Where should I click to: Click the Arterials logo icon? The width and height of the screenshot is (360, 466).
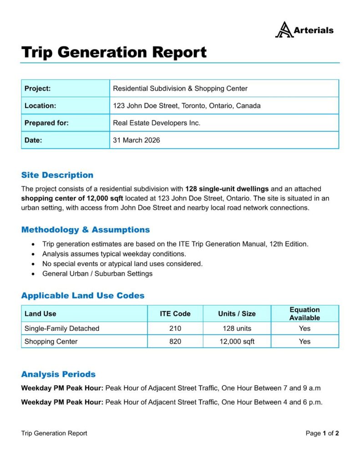coord(284,30)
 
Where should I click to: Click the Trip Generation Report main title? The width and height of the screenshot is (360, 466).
coord(114,52)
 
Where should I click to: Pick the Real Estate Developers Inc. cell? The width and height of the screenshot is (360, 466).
coord(157,123)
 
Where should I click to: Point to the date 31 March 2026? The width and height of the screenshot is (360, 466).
coord(137,140)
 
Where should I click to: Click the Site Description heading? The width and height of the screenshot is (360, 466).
coord(57,175)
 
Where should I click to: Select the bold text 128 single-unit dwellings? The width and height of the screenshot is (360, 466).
coord(227,188)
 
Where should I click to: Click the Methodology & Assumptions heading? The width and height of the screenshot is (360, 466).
coord(86,230)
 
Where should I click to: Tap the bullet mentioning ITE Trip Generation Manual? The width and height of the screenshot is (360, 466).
coord(175,244)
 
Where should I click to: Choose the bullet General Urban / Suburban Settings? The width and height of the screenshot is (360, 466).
coord(97,274)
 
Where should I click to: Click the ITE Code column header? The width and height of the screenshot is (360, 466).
coord(175,314)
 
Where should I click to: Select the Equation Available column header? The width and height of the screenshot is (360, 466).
coord(304,314)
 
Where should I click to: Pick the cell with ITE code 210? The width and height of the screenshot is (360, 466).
coord(175,328)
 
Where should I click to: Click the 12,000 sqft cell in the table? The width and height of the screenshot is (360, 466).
coord(237,341)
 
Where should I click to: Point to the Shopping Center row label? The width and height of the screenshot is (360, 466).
coord(51,341)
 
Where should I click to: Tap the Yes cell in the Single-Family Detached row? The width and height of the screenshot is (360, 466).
coord(304,328)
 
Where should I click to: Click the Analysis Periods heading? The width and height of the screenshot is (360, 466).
coord(58,375)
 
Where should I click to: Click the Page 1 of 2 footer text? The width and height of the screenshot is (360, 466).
coord(322,433)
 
